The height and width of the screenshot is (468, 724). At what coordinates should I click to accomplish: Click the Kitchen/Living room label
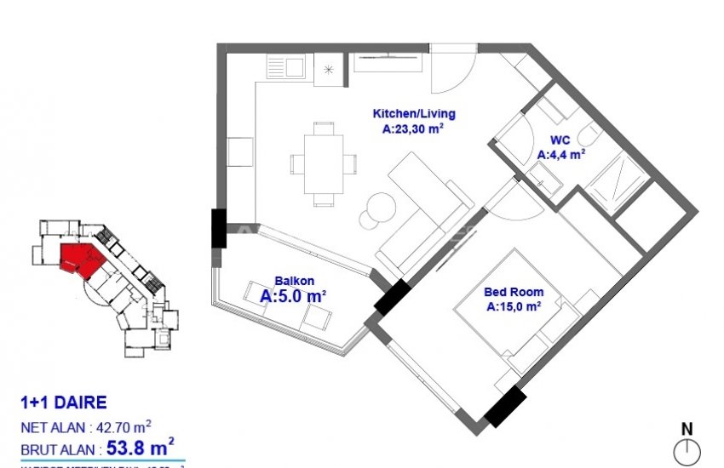414,113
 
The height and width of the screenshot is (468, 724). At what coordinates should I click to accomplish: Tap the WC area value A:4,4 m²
560,155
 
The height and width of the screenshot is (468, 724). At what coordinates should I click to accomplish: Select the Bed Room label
514,292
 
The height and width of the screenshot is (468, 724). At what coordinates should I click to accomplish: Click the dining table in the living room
323,163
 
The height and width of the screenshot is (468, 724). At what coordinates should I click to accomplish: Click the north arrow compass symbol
687,451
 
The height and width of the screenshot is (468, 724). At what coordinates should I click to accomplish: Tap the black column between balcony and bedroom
392,299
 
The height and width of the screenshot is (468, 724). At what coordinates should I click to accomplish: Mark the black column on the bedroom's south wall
504,406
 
